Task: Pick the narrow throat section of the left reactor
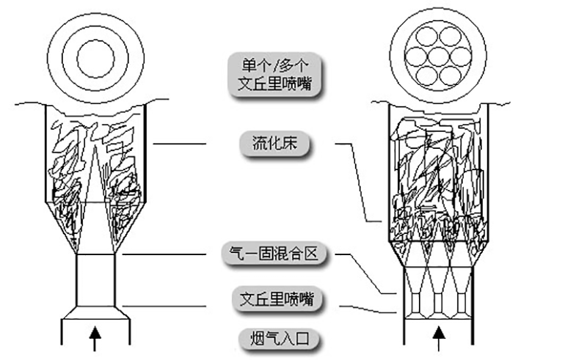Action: pyautogui.click(x=96, y=279)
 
